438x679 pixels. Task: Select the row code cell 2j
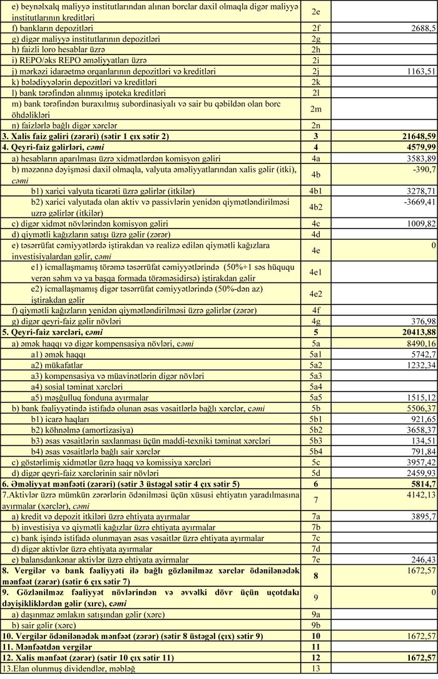tap(315, 71)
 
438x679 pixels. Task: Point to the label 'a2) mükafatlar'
tap(57, 365)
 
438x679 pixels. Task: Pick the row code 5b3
tap(315, 440)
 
